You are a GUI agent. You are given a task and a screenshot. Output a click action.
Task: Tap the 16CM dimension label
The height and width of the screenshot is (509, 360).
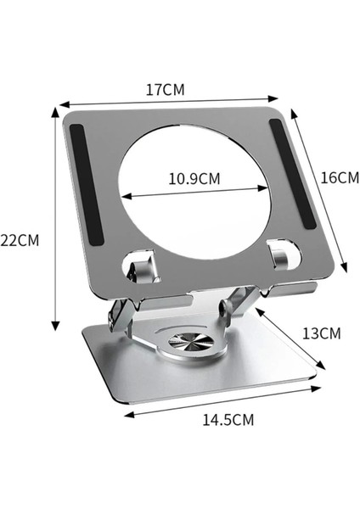pos(340,177)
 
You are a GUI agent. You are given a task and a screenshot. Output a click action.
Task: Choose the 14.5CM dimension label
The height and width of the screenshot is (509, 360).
pos(227,419)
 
